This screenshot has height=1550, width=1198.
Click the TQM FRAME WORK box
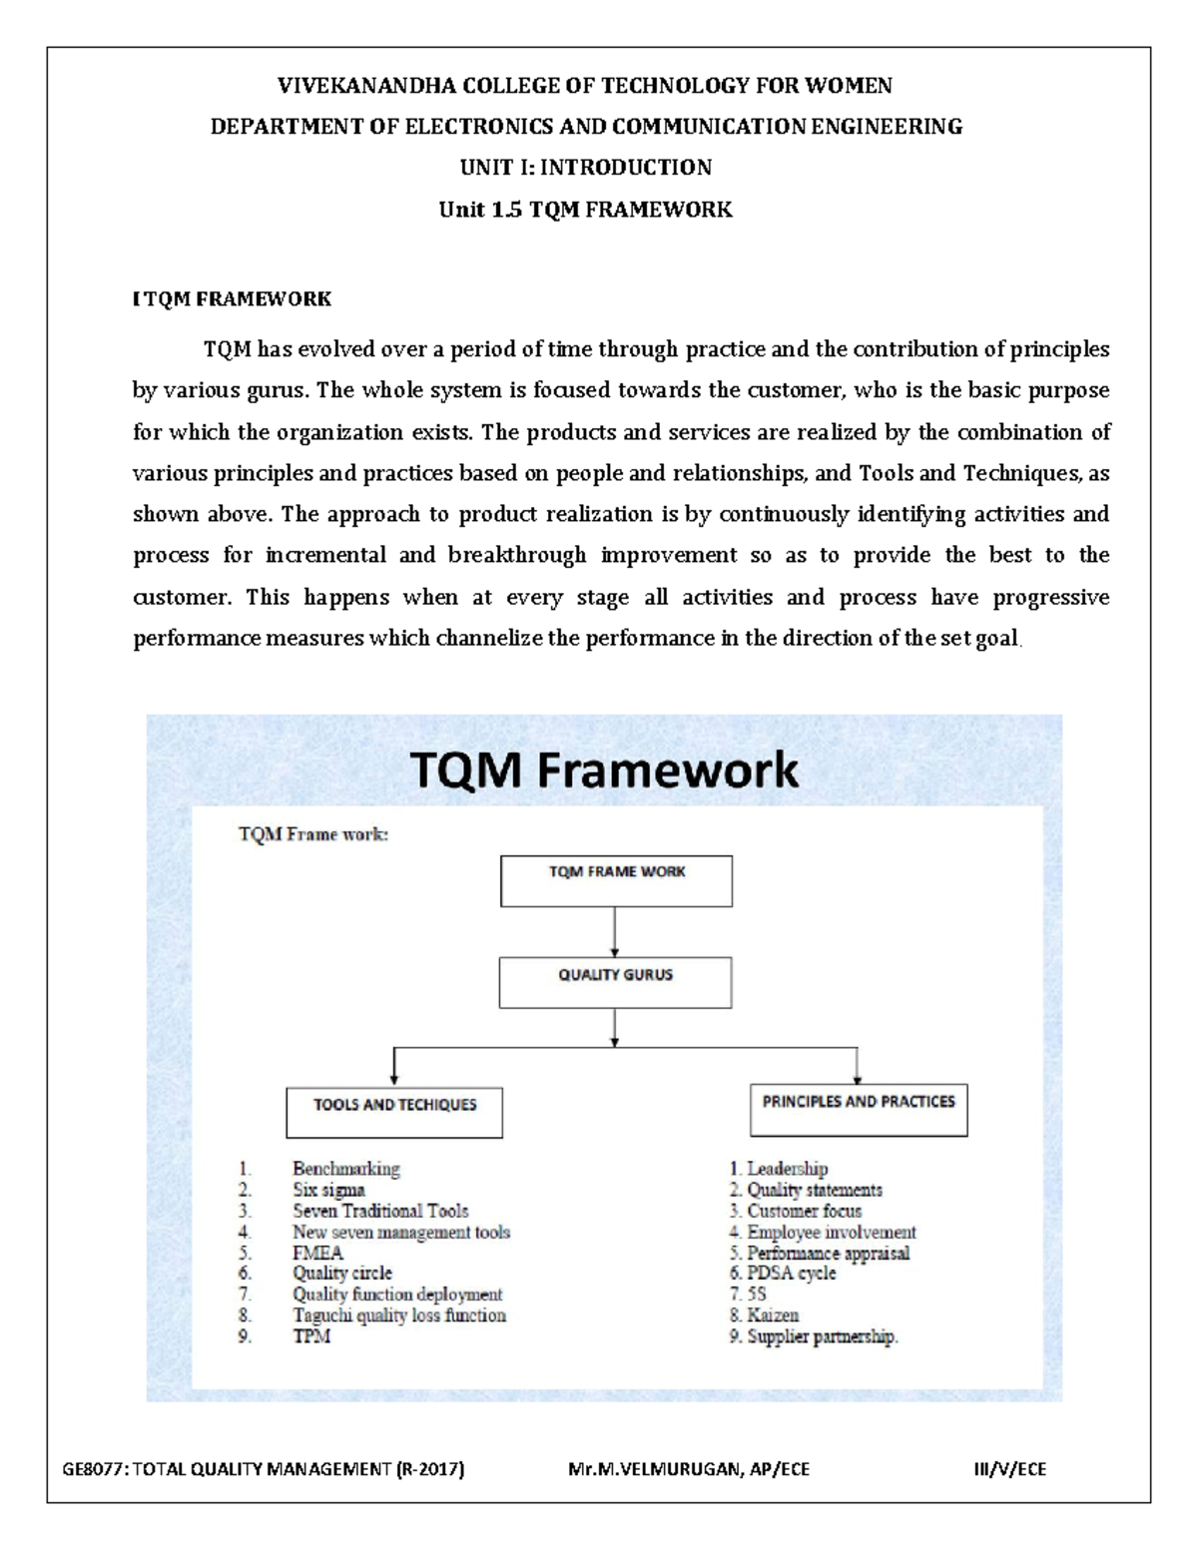click(x=616, y=880)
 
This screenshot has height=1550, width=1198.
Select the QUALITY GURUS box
click(x=615, y=982)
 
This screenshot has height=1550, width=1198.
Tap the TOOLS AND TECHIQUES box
click(x=394, y=1112)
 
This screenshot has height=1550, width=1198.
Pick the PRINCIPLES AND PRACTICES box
click(x=859, y=1109)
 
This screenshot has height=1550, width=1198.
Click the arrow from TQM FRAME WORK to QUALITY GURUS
click(x=614, y=932)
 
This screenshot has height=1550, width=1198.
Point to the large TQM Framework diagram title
click(x=604, y=770)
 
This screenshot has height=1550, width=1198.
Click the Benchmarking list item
click(x=345, y=1169)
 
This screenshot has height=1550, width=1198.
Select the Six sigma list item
click(x=328, y=1190)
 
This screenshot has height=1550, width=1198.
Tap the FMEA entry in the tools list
click(x=317, y=1253)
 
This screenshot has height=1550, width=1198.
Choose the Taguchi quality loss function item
click(x=398, y=1315)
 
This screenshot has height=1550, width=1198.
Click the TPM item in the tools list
click(x=310, y=1336)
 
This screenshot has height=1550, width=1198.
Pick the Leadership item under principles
click(x=787, y=1169)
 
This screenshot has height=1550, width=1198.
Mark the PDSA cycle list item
click(x=791, y=1274)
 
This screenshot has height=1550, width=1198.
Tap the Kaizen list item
click(x=773, y=1315)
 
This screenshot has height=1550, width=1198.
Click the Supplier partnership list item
click(x=822, y=1336)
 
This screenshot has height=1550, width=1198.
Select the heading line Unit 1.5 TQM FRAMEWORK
click(x=586, y=210)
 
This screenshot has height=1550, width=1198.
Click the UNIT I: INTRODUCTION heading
click(x=586, y=168)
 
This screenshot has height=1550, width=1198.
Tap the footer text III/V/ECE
click(x=1010, y=1469)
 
